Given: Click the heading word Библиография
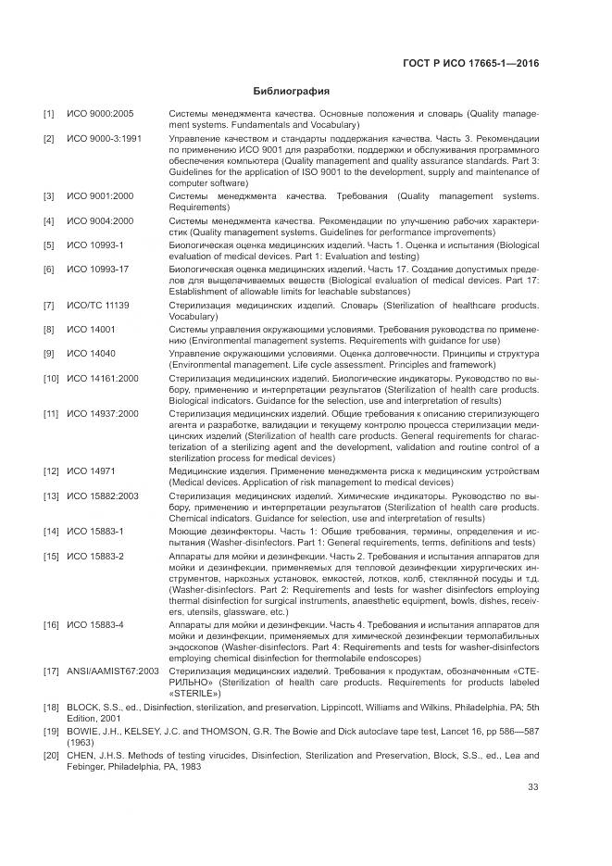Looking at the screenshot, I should pos(291,91).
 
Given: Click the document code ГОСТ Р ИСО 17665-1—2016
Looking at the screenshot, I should pos(471,64).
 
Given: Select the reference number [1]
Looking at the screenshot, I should pos(48,114).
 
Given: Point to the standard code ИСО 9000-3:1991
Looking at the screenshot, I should pos(104,138).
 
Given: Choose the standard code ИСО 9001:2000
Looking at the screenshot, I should pos(100,196).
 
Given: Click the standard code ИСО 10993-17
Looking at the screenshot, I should pos(97,269).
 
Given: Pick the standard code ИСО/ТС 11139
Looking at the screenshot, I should pos(98,305).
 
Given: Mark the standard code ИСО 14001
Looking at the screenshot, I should pos(91,329).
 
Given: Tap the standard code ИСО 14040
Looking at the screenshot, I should pos(91,353).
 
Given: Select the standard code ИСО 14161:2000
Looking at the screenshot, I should pos(103,378).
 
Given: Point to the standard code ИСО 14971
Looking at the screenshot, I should pos(91,471).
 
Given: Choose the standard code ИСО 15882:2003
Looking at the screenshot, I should pos(103,496).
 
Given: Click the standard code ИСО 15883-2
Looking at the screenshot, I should pos(95,556).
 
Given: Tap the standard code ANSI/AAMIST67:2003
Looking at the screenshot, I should pos(113,669).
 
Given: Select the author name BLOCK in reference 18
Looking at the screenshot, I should pos(83,706).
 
